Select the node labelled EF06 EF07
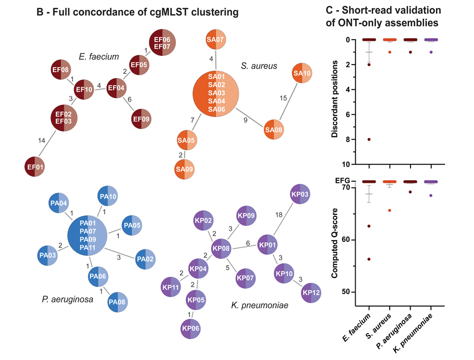pos(163,43)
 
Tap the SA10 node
pos(302,74)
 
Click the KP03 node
pos(300,194)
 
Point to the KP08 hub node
pos(221,248)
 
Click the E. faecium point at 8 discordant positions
pos(369,139)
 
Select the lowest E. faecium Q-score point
pos(369,259)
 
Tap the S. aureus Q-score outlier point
pos(390,210)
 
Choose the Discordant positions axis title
pos(335,102)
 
